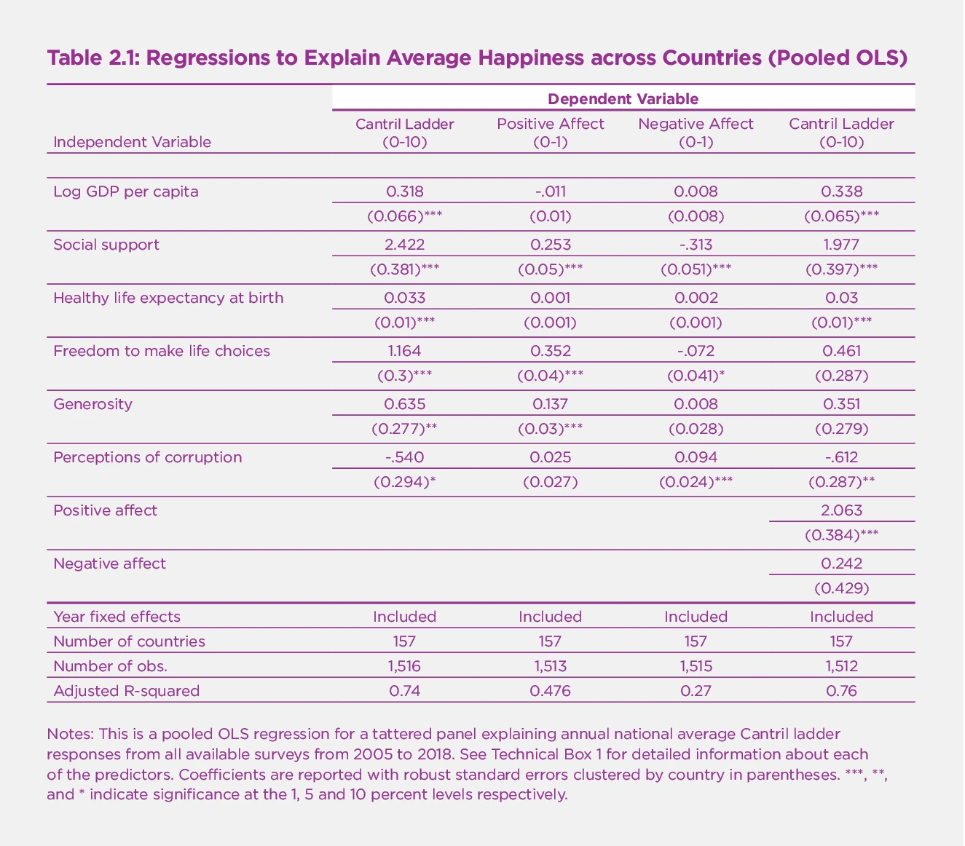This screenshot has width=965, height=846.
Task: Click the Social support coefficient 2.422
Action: (404, 245)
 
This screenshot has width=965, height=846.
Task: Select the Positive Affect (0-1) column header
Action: (550, 133)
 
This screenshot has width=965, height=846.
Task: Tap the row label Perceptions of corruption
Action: (147, 457)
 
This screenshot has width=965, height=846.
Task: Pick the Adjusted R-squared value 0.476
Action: (550, 691)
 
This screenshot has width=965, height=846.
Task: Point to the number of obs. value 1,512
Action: (841, 666)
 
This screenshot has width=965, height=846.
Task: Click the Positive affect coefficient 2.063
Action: (841, 510)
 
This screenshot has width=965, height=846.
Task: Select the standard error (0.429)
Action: (841, 588)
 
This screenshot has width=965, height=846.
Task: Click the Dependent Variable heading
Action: (623, 98)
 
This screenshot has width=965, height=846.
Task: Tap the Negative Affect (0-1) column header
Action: (696, 133)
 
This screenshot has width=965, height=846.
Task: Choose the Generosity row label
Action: (93, 404)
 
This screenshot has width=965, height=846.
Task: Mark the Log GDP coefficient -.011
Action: (550, 191)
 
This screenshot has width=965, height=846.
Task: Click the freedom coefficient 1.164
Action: (404, 351)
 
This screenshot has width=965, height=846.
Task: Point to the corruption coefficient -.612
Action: (841, 457)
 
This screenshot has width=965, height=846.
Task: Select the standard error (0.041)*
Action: (696, 376)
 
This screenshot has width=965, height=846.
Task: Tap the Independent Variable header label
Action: (133, 142)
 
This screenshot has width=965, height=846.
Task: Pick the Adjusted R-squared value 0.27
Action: (696, 691)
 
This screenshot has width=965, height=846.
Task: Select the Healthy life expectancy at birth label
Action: (168, 298)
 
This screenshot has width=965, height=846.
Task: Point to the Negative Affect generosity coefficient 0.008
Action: (696, 404)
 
